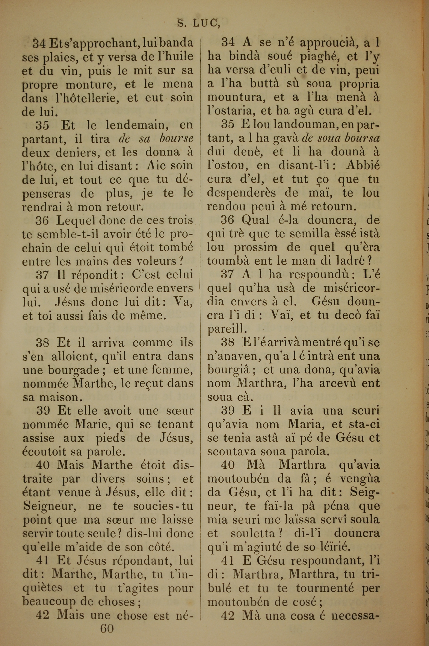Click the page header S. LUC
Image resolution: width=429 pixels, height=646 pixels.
coord(198,24)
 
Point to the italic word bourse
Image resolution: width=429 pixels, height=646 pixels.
coord(177,139)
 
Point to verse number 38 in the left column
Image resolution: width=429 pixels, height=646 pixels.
coord(43,343)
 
